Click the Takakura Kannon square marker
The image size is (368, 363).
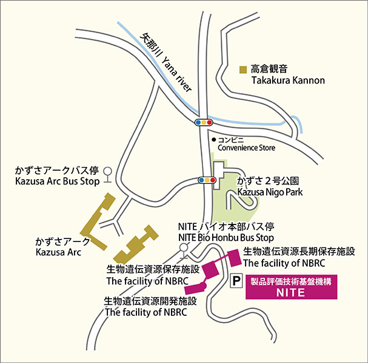pos(243,68)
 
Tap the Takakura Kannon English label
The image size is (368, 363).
pos(288,80)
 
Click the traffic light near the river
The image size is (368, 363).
pos(204,122)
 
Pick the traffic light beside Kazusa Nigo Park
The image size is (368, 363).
pos(207,180)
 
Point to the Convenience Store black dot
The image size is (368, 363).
pos(213,139)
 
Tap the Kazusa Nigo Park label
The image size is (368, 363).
pos(270,192)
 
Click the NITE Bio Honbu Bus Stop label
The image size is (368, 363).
pos(226,238)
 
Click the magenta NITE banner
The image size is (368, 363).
pos(290,287)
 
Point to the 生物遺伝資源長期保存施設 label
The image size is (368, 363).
pos(298,251)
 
